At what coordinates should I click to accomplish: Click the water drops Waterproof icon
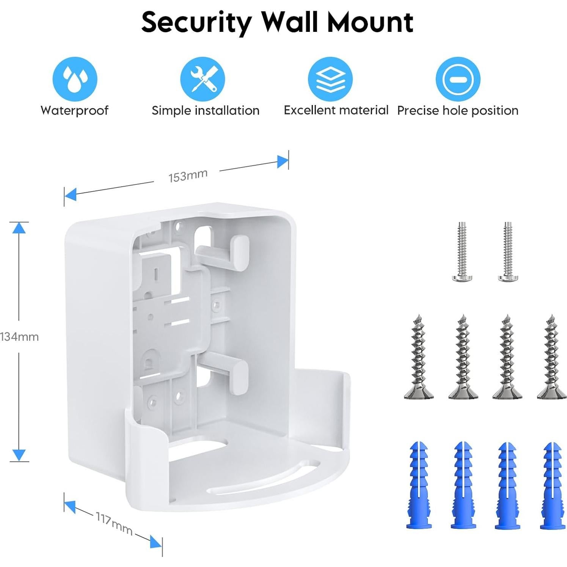(x=75, y=79)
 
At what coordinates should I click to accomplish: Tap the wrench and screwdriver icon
(x=203, y=79)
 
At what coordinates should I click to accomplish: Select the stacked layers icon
(x=330, y=79)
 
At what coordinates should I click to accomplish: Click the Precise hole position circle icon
(x=458, y=79)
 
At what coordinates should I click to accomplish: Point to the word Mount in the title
(x=370, y=22)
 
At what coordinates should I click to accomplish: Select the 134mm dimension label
(x=19, y=337)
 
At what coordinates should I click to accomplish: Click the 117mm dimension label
(x=113, y=524)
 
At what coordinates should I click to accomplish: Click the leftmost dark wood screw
(x=419, y=357)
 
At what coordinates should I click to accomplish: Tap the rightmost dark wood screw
(x=551, y=357)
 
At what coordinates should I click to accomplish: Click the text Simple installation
(x=205, y=110)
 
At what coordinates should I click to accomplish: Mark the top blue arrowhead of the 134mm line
(x=19, y=228)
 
